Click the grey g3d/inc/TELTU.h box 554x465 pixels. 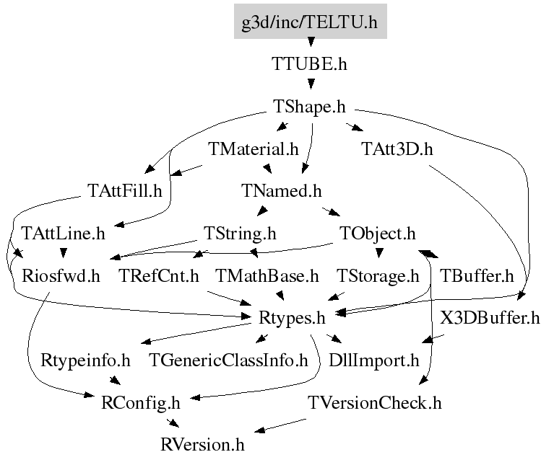[310, 22]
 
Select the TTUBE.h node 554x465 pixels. [310, 63]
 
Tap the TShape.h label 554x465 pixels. [310, 107]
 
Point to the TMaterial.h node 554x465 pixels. [254, 149]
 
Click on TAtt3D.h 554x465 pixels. [397, 149]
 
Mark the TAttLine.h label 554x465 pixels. [64, 234]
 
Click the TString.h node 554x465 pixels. [241, 234]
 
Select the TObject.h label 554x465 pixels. [378, 234]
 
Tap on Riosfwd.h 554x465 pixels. [61, 275]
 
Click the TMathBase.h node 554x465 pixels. [267, 275]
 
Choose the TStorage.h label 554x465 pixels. [378, 275]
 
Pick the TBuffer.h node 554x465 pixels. [477, 275]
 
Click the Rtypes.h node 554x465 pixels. [291, 317]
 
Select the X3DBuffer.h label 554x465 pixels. [490, 317]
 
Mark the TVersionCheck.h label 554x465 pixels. [374, 402]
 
